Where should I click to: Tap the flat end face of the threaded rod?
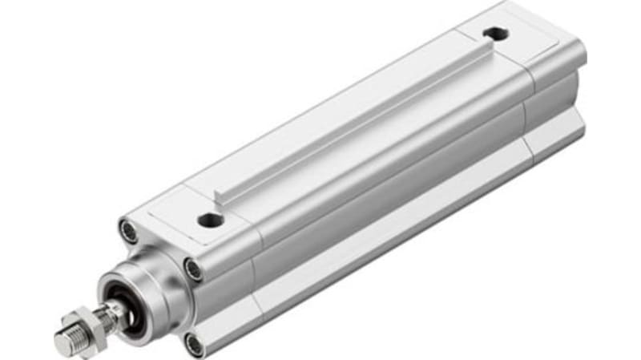[x=63, y=343]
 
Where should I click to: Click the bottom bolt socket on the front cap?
[x=194, y=345]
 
